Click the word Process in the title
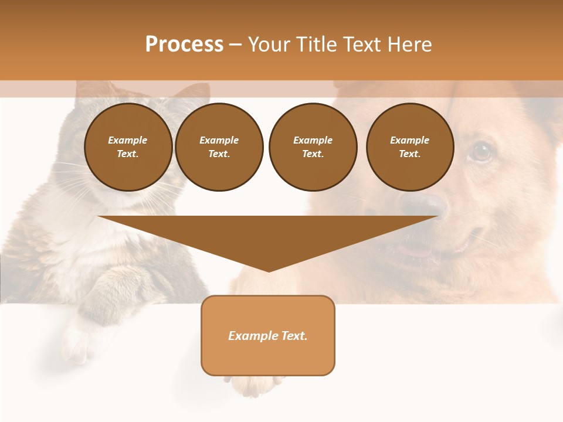[184, 45]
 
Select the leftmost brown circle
[128, 147]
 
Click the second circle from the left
[219, 147]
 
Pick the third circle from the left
[313, 147]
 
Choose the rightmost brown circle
[410, 147]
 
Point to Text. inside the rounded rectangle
[294, 336]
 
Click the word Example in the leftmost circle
[128, 140]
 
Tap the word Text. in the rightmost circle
[410, 154]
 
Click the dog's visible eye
[481, 152]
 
